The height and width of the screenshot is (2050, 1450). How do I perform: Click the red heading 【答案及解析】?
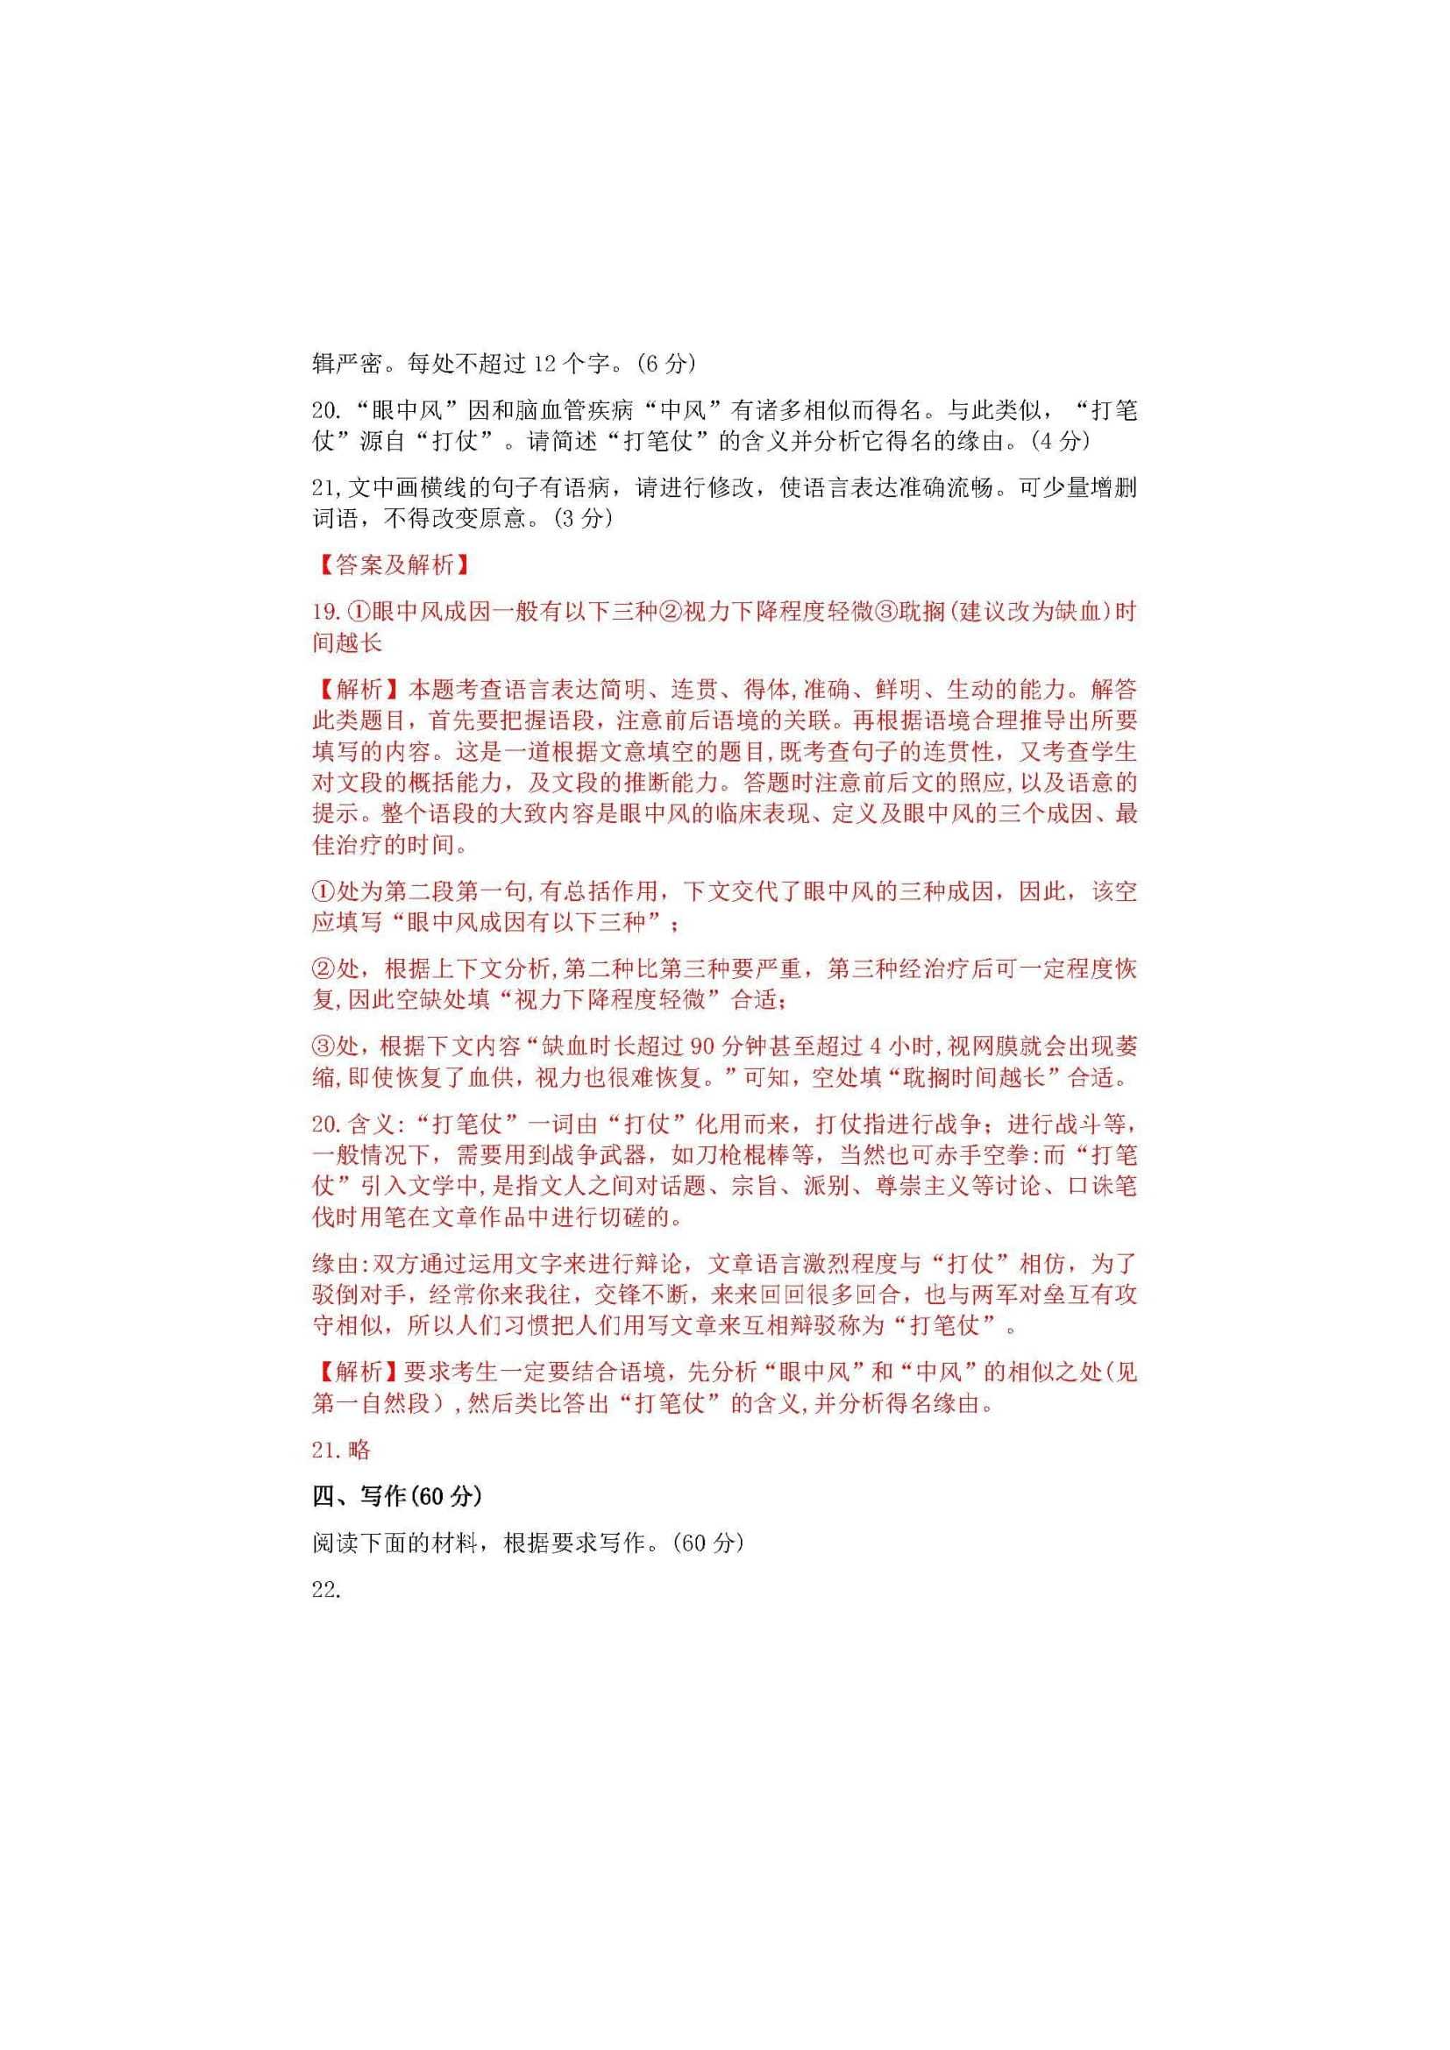[x=394, y=565]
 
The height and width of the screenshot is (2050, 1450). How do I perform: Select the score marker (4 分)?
[x=1058, y=441]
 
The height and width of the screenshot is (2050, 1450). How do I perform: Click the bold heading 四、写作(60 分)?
[x=396, y=1496]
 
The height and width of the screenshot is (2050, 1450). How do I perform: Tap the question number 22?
[x=326, y=1588]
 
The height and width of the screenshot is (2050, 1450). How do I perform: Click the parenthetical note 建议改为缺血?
[x=1029, y=613]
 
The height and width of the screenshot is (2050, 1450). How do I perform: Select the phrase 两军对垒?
[x=993, y=1295]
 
